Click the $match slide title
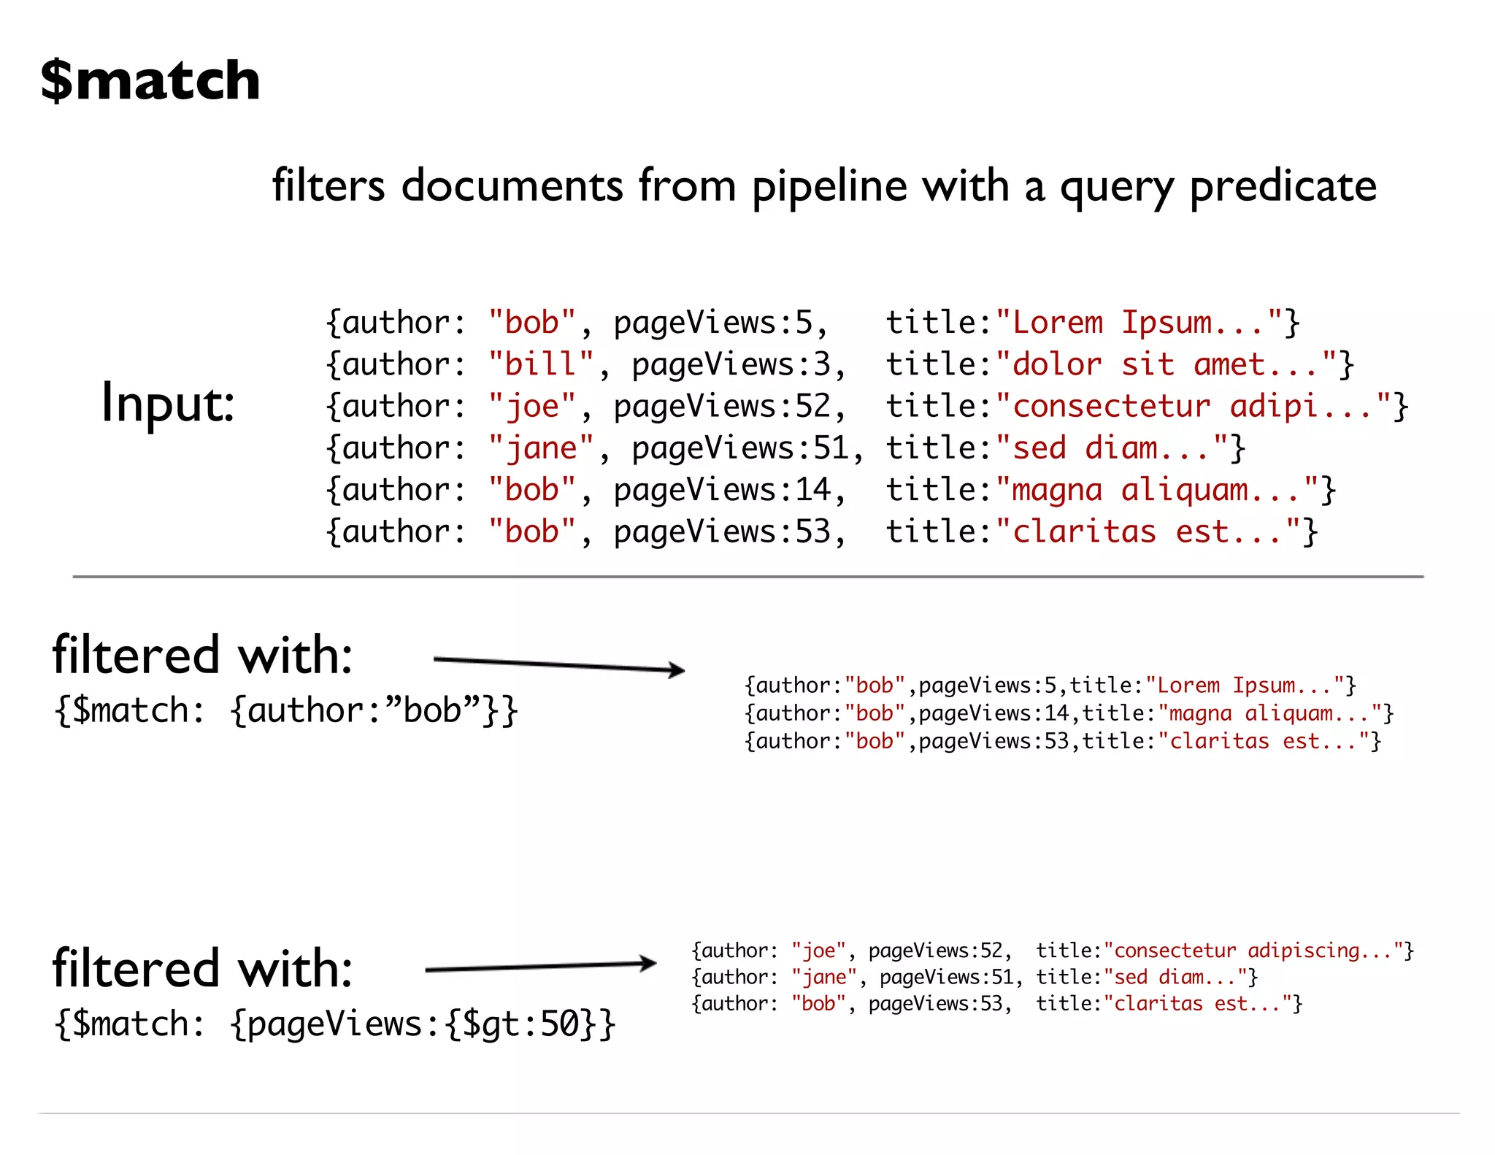(150, 80)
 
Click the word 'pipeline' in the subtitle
(829, 186)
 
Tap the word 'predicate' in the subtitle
(1283, 186)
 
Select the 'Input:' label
(168, 403)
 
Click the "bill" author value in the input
(541, 364)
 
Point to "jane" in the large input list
(541, 448)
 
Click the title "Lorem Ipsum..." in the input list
(1139, 323)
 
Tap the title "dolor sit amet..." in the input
(1166, 364)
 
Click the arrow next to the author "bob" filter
(559, 665)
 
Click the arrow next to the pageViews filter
(541, 967)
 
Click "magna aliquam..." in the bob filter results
(1267, 713)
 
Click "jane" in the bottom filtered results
(824, 978)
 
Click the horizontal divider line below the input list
(747, 577)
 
